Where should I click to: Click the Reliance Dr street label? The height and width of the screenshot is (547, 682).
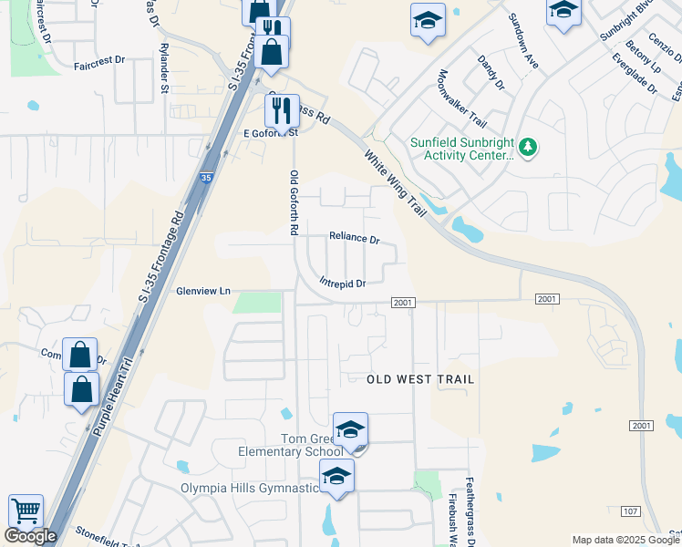tap(354, 239)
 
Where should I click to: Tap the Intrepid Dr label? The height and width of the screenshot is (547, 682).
tap(343, 284)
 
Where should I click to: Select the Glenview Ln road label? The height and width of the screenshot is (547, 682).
tap(203, 292)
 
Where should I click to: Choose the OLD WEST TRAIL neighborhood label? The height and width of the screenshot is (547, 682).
tap(421, 378)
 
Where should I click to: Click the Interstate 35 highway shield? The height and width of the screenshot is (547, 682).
tap(207, 179)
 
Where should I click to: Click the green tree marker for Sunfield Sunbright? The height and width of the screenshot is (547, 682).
tap(526, 147)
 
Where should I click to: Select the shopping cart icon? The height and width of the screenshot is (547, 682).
tap(26, 511)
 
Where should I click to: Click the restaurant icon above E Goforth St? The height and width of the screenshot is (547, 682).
tap(282, 110)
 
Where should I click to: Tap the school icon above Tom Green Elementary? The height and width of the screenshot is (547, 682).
tap(350, 428)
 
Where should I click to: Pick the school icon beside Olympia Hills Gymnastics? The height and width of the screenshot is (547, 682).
tap(336, 475)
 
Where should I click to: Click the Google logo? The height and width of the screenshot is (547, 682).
tap(31, 536)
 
